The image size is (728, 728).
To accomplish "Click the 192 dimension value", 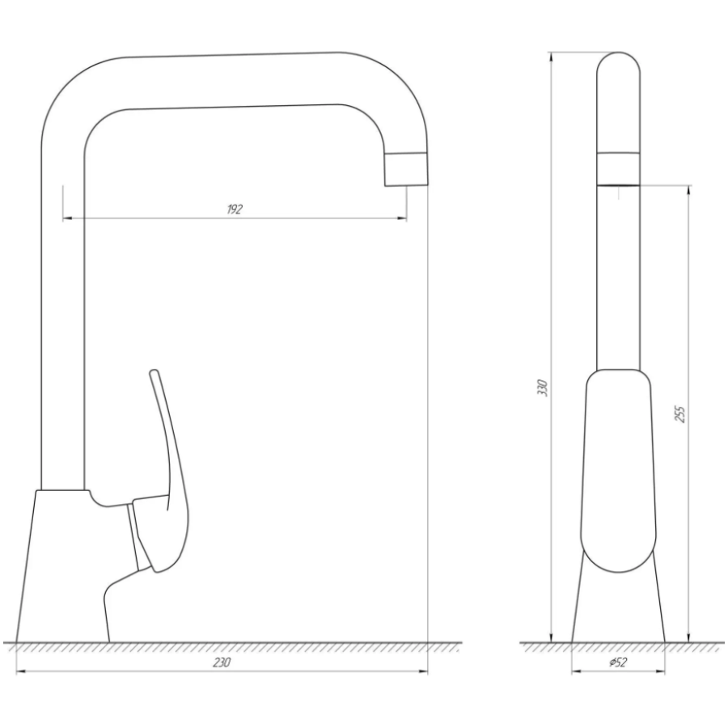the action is click(x=235, y=210).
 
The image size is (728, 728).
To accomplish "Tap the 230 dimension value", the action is click(x=222, y=662).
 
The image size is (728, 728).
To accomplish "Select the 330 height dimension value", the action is click(x=543, y=387).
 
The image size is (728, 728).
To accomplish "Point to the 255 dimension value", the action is click(x=679, y=413).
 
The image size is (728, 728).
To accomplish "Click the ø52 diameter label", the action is click(x=617, y=662).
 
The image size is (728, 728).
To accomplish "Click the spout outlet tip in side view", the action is click(x=406, y=170).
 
